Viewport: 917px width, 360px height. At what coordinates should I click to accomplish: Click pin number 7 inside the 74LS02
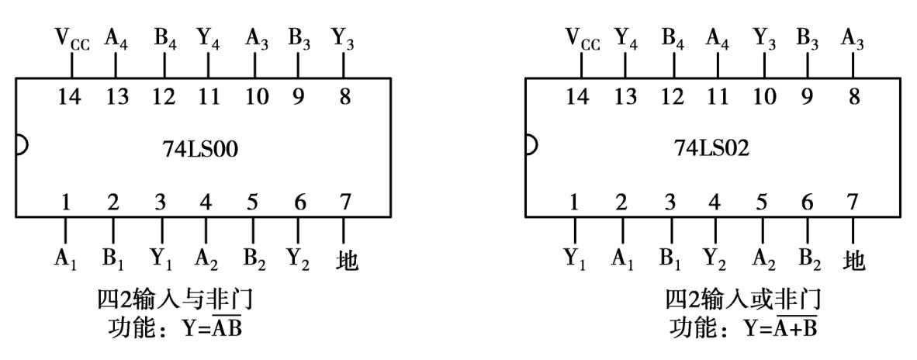click(853, 203)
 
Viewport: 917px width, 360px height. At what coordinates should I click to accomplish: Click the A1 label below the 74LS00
click(64, 259)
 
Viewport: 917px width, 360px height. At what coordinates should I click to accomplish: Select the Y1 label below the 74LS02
click(576, 259)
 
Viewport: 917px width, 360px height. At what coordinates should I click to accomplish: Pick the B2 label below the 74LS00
click(254, 259)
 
